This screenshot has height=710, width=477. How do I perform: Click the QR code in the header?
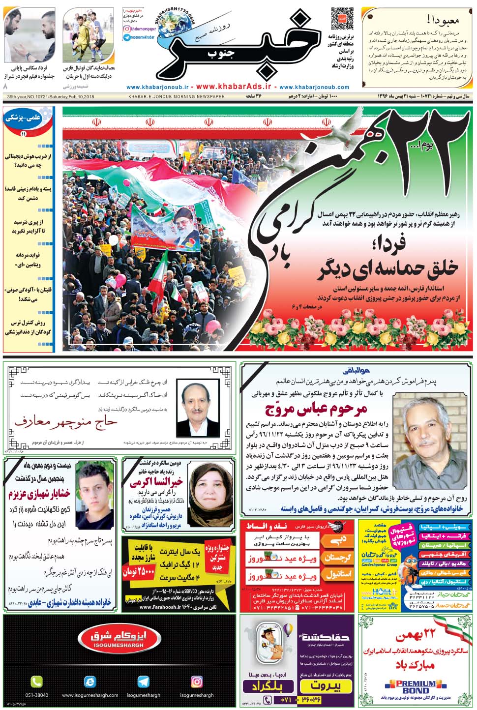(342, 19)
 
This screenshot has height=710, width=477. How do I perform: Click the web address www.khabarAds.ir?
(236, 87)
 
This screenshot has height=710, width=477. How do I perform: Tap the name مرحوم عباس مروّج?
(316, 409)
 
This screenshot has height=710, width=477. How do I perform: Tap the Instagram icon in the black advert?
(196, 681)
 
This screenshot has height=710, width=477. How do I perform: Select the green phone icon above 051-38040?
(36, 681)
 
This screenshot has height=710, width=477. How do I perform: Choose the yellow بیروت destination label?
(326, 686)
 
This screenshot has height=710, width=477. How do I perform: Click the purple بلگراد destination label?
(269, 686)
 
